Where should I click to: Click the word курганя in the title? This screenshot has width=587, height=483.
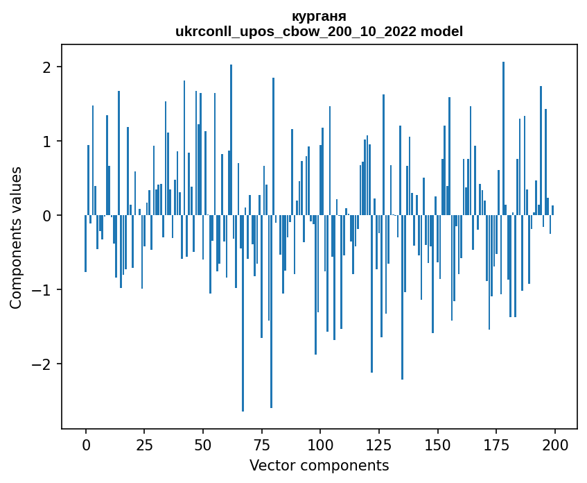click(x=319, y=16)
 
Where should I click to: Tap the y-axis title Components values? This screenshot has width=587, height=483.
click(x=15, y=237)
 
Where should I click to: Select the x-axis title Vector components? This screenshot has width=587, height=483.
click(x=319, y=465)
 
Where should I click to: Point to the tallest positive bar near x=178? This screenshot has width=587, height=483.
click(x=503, y=139)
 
